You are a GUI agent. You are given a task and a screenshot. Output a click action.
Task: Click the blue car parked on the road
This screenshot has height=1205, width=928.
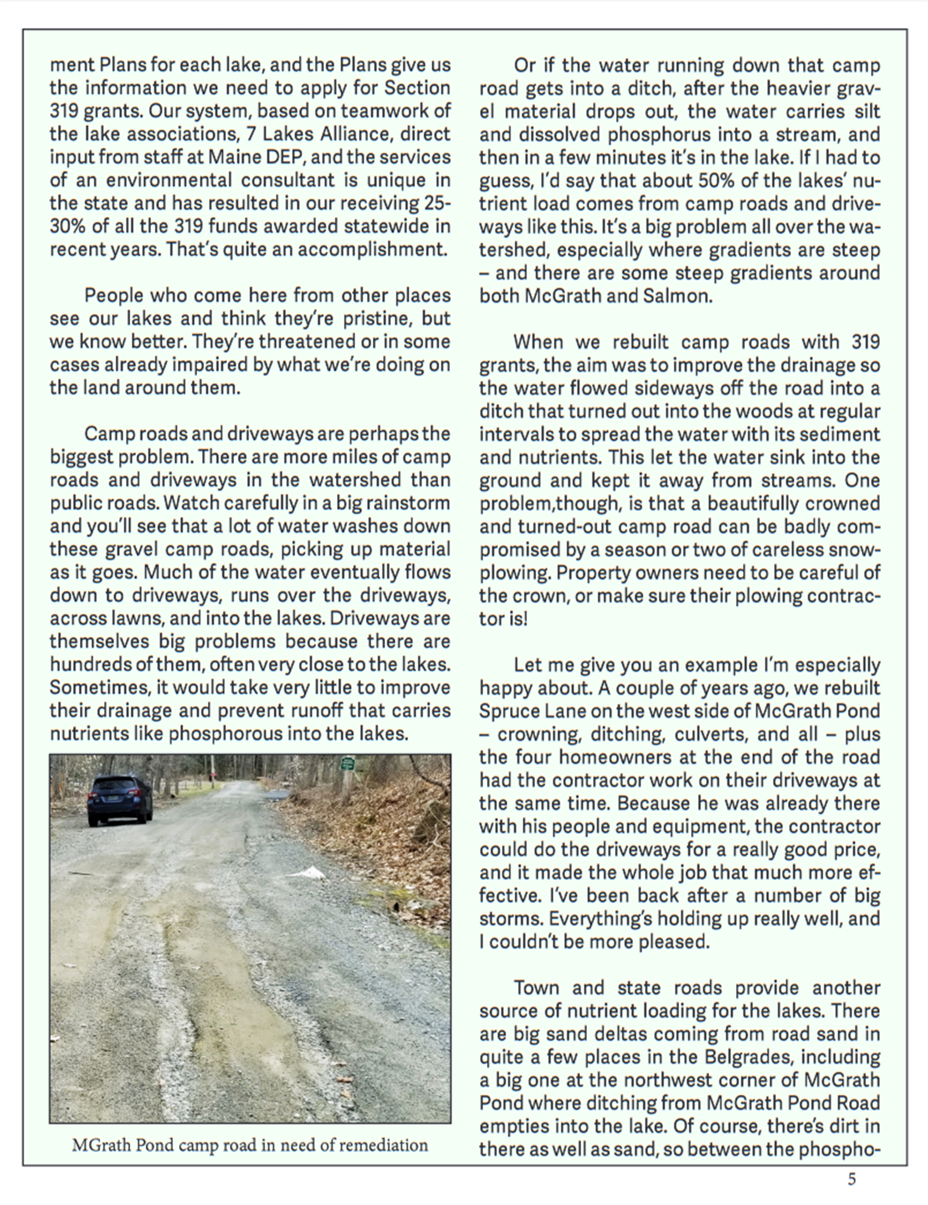(120, 801)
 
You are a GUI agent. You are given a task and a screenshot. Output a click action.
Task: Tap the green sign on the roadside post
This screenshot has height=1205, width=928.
(347, 763)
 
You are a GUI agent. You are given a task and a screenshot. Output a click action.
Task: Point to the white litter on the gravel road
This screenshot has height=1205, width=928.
(307, 874)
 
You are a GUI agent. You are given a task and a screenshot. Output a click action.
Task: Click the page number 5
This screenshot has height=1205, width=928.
(852, 1179)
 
